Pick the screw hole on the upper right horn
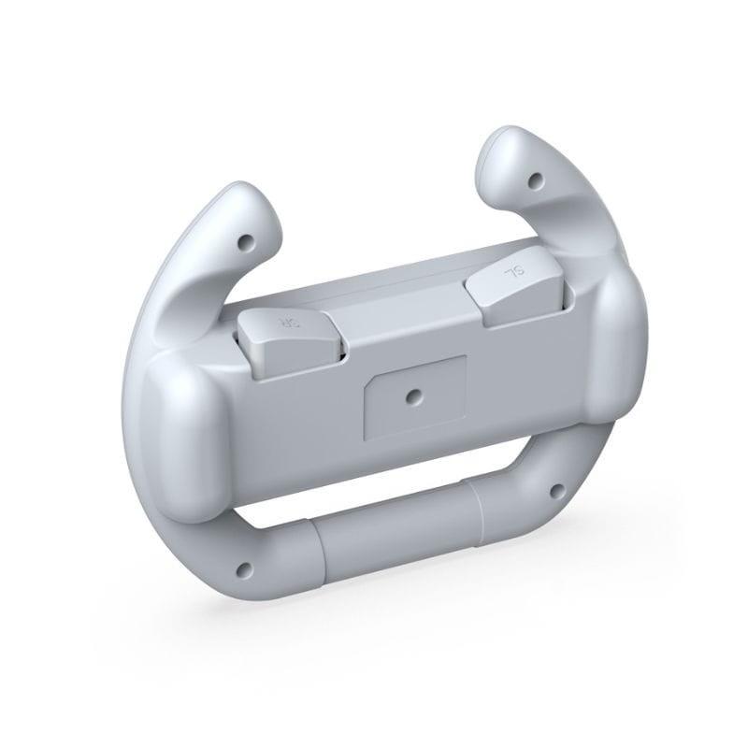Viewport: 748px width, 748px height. point(537,179)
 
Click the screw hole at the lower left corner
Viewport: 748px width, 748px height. point(245,567)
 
